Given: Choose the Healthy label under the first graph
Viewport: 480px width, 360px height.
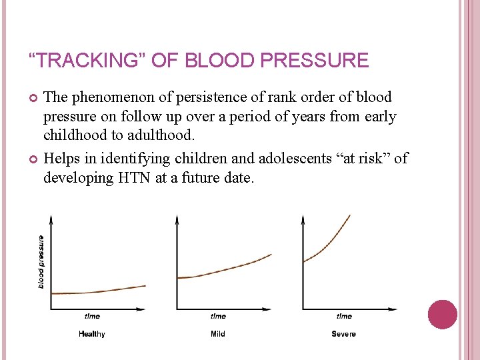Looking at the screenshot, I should click(x=91, y=333).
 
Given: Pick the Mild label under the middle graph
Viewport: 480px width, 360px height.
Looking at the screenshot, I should click(x=217, y=333).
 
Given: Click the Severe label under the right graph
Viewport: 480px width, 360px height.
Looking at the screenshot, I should click(x=343, y=333).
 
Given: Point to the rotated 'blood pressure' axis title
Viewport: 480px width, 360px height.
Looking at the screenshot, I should click(x=41, y=261).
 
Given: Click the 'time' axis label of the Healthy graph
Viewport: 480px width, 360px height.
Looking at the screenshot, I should click(x=92, y=316).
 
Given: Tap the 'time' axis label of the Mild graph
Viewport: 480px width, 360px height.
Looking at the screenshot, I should click(x=218, y=316).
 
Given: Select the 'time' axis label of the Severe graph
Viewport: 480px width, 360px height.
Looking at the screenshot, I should click(x=344, y=316).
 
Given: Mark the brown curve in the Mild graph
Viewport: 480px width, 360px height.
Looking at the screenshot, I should click(x=227, y=269).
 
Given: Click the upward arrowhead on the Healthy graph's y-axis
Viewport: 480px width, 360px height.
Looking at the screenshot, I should click(x=51, y=219).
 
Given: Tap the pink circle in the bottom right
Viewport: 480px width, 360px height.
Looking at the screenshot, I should click(x=442, y=315).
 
